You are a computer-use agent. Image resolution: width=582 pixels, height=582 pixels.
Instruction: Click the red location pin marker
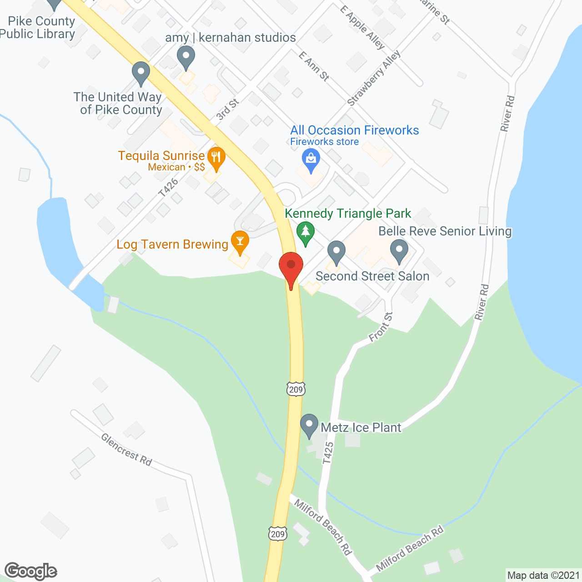point(291,268)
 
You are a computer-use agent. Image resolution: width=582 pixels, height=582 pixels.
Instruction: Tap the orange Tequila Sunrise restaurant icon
point(216,157)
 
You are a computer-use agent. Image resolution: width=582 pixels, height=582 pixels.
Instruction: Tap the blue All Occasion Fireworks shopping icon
point(311,160)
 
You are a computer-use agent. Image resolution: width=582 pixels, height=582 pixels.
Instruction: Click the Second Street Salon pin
point(336,251)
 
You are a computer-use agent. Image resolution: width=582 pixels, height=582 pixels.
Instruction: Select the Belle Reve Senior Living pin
point(399,251)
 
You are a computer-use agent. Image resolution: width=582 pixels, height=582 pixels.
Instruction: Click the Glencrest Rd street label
point(126,450)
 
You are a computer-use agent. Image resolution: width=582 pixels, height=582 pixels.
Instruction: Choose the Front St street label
point(381,326)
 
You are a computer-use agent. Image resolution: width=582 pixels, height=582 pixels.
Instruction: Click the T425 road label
point(328,453)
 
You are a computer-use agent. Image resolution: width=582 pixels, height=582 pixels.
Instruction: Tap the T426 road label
point(168,188)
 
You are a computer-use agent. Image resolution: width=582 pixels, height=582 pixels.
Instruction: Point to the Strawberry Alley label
point(374,78)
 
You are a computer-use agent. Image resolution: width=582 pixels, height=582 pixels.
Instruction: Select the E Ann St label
point(314,66)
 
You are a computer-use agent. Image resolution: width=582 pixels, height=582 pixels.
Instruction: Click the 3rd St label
point(227,110)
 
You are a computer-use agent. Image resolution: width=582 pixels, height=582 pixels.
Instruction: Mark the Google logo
point(31,571)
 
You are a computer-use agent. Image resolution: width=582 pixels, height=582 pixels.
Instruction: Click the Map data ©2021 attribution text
point(543,576)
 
